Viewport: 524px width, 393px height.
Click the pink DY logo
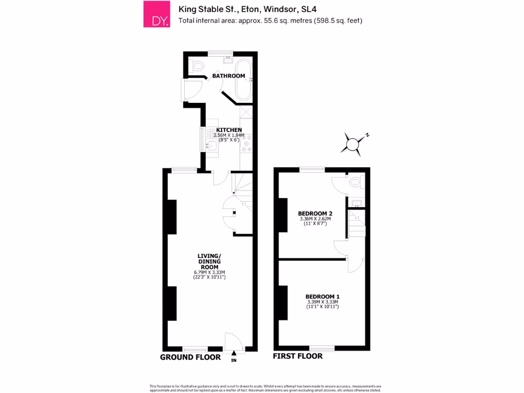pyautogui.click(x=157, y=14)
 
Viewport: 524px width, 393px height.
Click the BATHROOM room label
pyautogui.click(x=229, y=76)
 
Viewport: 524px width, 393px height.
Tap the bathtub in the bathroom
pyautogui.click(x=243, y=81)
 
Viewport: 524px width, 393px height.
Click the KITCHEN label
pyautogui.click(x=229, y=130)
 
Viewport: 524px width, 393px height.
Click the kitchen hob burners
pyautogui.click(x=247, y=146)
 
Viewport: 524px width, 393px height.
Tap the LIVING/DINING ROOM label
pyautogui.click(x=209, y=261)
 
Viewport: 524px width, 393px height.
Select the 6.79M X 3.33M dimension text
pyautogui.click(x=209, y=272)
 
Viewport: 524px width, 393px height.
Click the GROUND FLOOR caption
pyautogui.click(x=190, y=357)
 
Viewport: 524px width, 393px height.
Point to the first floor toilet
pyautogui.click(x=355, y=182)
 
